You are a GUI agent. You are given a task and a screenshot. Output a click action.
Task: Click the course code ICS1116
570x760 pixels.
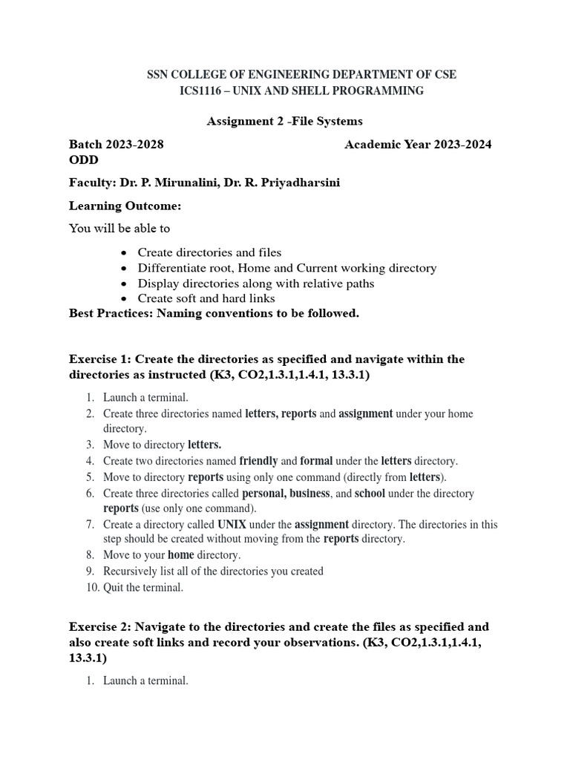[203, 91]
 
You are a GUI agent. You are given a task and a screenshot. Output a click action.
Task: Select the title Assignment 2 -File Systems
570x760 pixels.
[284, 121]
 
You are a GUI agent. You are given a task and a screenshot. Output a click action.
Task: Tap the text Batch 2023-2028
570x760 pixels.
[117, 145]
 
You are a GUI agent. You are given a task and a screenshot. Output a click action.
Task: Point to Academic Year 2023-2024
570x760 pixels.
[418, 145]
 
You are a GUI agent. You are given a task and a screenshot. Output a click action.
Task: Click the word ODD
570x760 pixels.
[83, 160]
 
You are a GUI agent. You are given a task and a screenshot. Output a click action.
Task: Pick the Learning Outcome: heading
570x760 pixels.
[125, 206]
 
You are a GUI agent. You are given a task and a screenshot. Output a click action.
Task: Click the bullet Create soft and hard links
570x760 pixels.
[206, 298]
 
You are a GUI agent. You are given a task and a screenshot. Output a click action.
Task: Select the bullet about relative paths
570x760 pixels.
[256, 284]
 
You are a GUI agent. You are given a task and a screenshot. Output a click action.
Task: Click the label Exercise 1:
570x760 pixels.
[100, 359]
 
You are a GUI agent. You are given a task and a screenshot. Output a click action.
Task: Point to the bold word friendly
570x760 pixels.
[258, 461]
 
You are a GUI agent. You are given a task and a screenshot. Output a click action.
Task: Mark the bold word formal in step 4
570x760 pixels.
[315, 461]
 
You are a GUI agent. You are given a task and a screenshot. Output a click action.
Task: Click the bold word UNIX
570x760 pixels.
[232, 525]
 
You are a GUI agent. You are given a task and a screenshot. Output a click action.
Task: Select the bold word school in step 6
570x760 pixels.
[370, 494]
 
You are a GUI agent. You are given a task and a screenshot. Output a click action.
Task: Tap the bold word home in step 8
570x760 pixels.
[180, 555]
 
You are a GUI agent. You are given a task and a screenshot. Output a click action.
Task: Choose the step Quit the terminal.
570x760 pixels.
[142, 587]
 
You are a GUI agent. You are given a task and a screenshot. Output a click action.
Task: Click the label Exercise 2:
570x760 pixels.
[100, 626]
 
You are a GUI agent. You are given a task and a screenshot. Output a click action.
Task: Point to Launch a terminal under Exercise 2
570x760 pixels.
[145, 680]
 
